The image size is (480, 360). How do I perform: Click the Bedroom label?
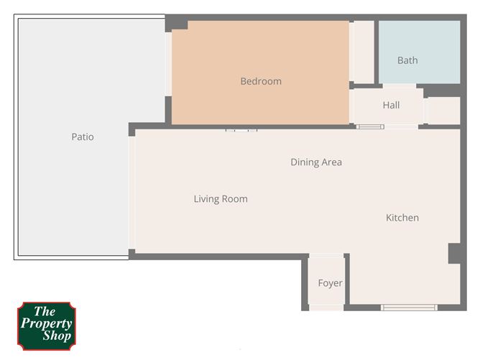(261, 81)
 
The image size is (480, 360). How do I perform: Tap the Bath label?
(407, 60)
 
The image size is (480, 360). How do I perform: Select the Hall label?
(391, 105)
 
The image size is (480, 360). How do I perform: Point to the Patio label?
(83, 137)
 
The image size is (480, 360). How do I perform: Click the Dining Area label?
(316, 162)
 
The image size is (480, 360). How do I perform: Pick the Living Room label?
(221, 199)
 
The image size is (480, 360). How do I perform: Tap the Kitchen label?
(402, 218)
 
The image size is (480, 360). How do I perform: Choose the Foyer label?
(330, 283)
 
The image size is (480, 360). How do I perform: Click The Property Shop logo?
(46, 326)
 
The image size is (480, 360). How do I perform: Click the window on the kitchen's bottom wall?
(409, 308)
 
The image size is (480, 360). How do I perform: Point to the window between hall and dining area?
(371, 127)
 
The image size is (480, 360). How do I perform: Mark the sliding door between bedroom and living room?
(241, 130)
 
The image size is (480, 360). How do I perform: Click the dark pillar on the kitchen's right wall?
(455, 253)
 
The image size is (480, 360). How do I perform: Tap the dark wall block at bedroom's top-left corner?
(175, 24)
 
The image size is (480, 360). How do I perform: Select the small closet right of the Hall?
(443, 111)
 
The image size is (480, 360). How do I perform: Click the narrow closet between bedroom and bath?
(363, 52)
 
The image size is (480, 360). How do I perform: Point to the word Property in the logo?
(46, 323)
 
